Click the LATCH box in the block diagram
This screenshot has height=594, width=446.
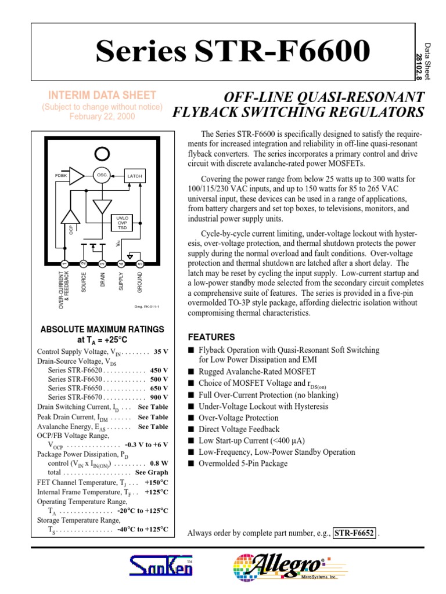click(x=134, y=176)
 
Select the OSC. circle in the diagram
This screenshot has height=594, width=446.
click(x=102, y=175)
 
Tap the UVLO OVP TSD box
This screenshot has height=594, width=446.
click(x=121, y=223)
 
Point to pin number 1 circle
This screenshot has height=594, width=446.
click(x=64, y=265)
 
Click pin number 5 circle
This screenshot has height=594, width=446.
click(x=139, y=265)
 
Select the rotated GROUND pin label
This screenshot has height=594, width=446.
click(x=139, y=283)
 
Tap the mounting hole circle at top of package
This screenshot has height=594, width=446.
click(x=102, y=154)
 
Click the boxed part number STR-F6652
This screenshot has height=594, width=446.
click(x=354, y=533)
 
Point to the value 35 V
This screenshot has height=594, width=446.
click(x=161, y=352)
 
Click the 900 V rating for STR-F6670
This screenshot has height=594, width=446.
click(x=159, y=397)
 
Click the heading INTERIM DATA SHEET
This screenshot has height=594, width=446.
click(x=102, y=96)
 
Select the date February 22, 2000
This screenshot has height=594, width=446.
click(x=102, y=117)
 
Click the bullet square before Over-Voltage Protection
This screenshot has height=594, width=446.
click(x=191, y=418)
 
